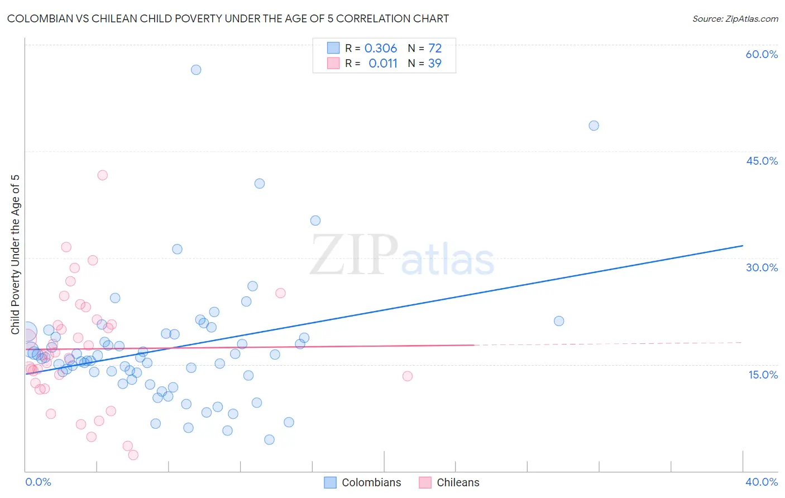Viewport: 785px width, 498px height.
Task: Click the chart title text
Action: (x=228, y=19)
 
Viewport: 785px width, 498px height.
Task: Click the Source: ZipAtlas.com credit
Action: (x=735, y=19)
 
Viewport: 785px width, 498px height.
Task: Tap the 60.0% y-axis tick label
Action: (x=762, y=54)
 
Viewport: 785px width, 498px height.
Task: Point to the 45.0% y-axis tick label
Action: (x=762, y=161)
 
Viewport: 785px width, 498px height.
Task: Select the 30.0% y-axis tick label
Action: (x=762, y=267)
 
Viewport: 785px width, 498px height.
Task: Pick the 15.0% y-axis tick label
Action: (x=763, y=375)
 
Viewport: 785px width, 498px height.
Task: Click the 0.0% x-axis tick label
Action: (x=38, y=482)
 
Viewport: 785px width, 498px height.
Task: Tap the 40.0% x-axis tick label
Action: (x=762, y=482)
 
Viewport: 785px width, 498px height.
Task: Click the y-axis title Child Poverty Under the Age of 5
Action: (x=16, y=255)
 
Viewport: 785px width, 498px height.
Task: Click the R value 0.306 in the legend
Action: (x=380, y=49)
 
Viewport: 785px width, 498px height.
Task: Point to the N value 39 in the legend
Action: (x=434, y=64)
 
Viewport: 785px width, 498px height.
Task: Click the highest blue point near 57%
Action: (x=196, y=70)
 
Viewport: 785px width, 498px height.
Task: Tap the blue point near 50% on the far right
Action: (x=593, y=126)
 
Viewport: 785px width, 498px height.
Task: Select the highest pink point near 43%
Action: (x=102, y=175)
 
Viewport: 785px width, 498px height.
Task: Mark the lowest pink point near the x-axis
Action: (x=133, y=455)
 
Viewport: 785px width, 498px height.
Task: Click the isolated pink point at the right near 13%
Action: (x=408, y=376)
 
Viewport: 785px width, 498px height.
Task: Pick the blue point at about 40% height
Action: (x=260, y=184)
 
